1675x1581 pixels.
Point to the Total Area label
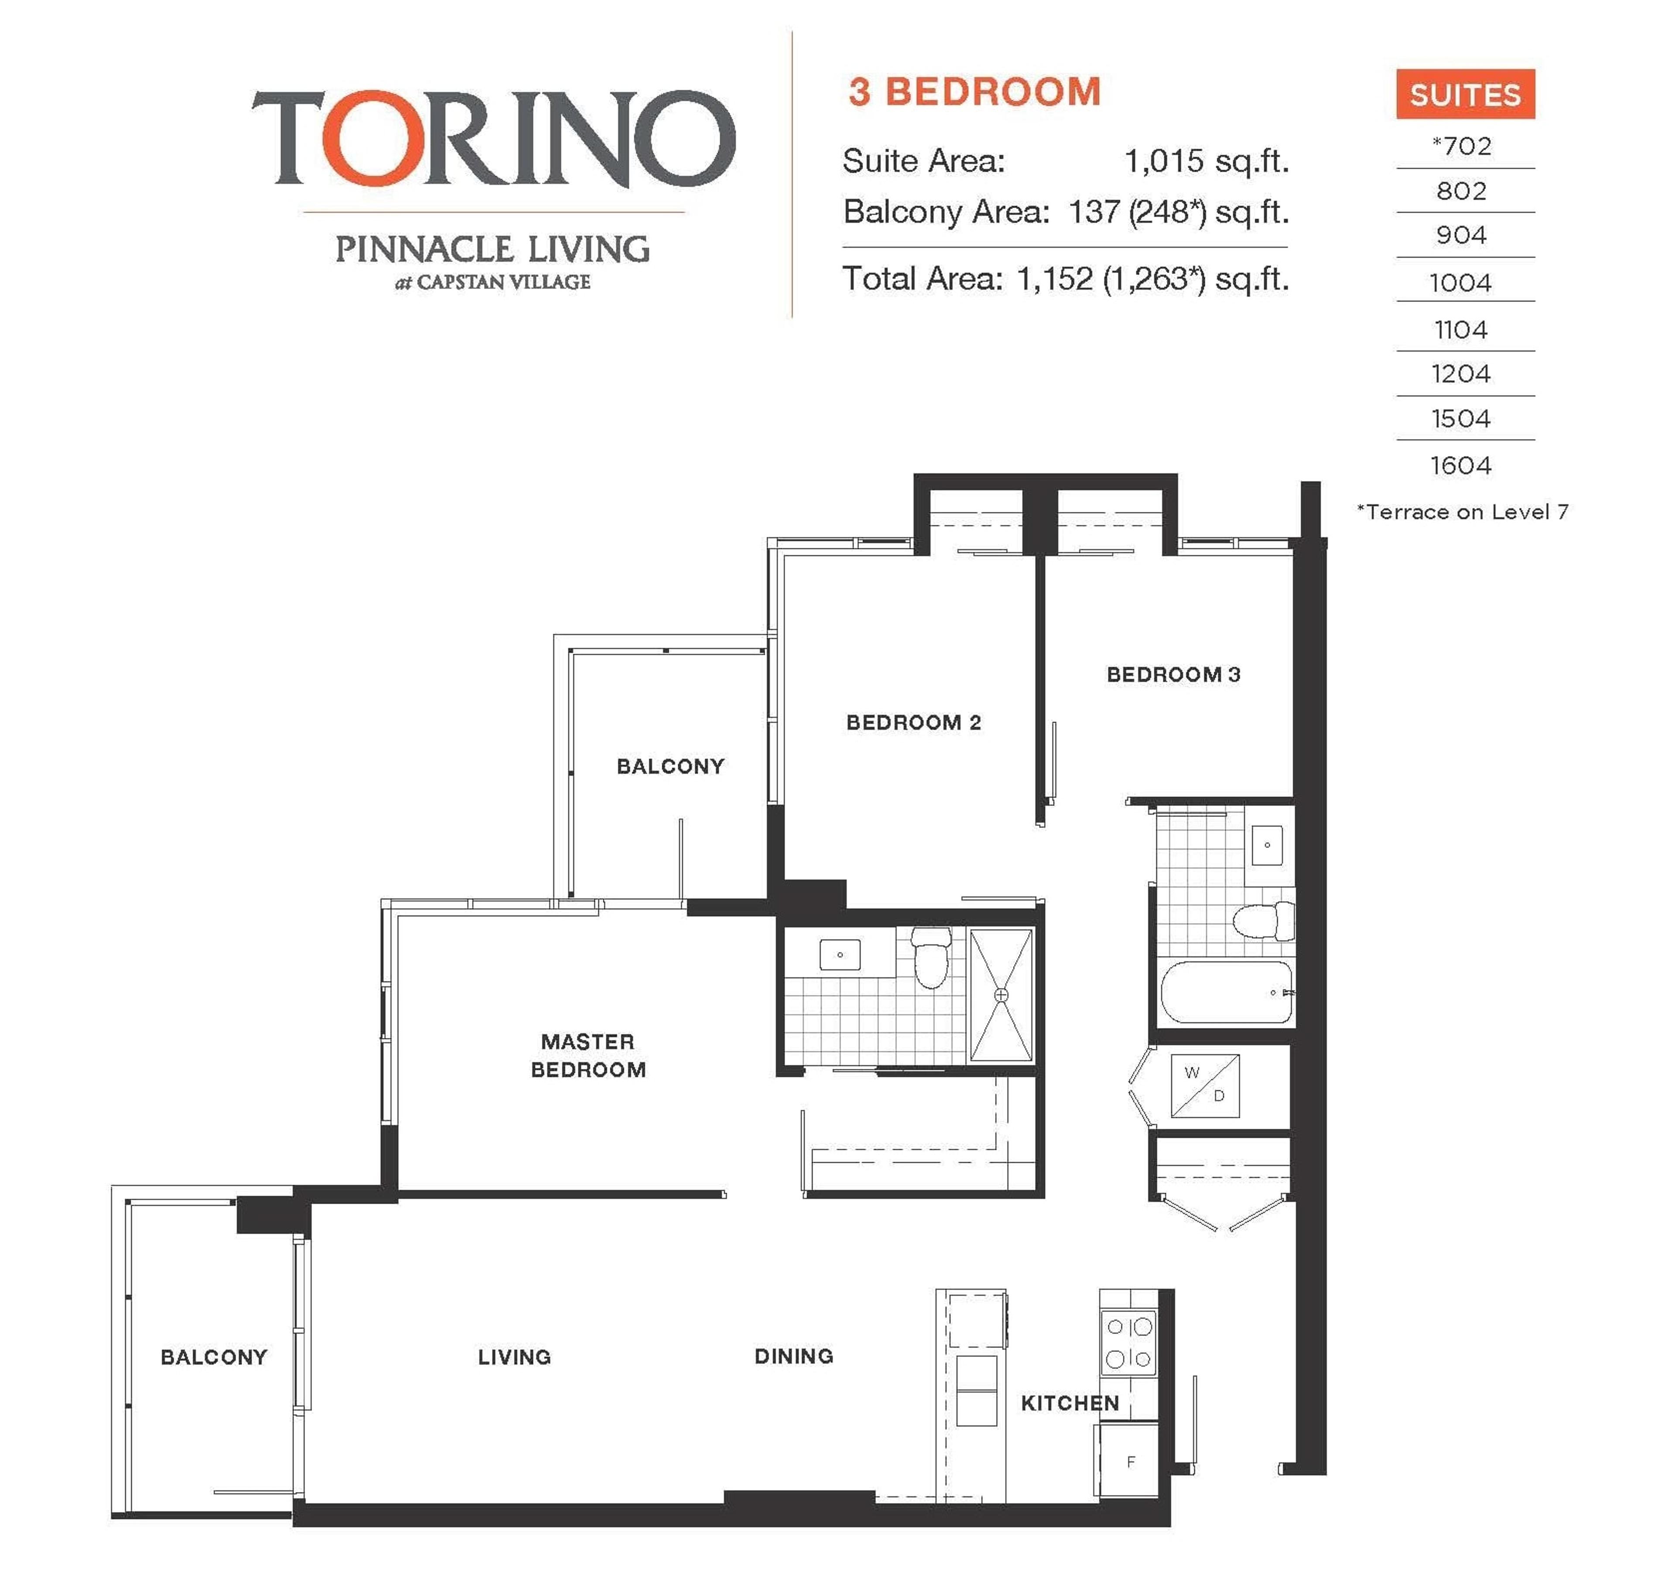coord(923,278)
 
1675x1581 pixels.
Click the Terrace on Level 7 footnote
coord(1463,512)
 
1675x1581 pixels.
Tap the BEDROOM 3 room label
coord(1172,674)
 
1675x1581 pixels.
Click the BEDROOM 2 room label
coord(913,722)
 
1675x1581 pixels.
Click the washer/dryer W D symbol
coord(1205,1086)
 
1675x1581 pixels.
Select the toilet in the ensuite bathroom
coord(931,958)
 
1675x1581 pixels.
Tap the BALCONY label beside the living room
coord(213,1357)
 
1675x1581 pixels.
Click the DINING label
coord(793,1356)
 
